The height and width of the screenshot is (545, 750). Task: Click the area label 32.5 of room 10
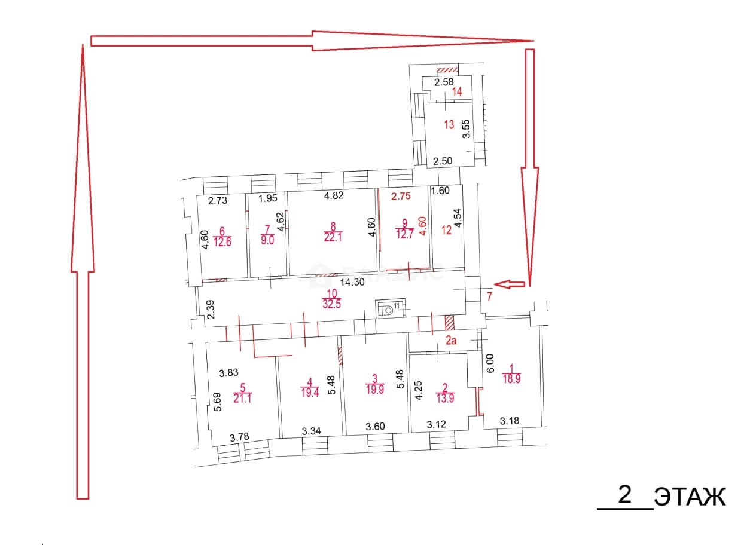[x=331, y=304]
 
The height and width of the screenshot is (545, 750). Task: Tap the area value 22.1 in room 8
[x=333, y=237]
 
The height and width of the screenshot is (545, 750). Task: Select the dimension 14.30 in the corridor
[x=352, y=283]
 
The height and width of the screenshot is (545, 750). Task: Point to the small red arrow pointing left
[x=509, y=284]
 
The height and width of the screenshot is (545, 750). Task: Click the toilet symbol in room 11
[x=388, y=310]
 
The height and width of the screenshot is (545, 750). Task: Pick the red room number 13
[x=449, y=125]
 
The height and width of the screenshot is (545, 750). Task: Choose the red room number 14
[x=457, y=91]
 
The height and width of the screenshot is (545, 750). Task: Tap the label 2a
[x=451, y=341]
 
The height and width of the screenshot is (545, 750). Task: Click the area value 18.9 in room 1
[x=511, y=379]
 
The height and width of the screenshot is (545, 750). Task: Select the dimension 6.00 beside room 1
[x=489, y=364]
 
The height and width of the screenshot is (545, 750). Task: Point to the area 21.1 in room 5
[x=242, y=398]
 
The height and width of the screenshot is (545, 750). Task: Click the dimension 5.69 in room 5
[x=218, y=402]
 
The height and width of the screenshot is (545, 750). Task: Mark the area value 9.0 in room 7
[x=267, y=240]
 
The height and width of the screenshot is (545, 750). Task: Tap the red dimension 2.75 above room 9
[x=401, y=196]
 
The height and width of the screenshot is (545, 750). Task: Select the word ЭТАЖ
[x=690, y=497]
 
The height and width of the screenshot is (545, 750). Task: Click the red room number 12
[x=447, y=230]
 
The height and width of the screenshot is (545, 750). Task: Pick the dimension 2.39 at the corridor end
[x=211, y=310]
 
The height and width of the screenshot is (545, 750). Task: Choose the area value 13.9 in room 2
[x=445, y=398]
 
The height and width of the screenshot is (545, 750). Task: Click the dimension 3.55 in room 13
[x=466, y=129]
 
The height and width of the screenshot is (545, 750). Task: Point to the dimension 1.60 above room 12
[x=441, y=191]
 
